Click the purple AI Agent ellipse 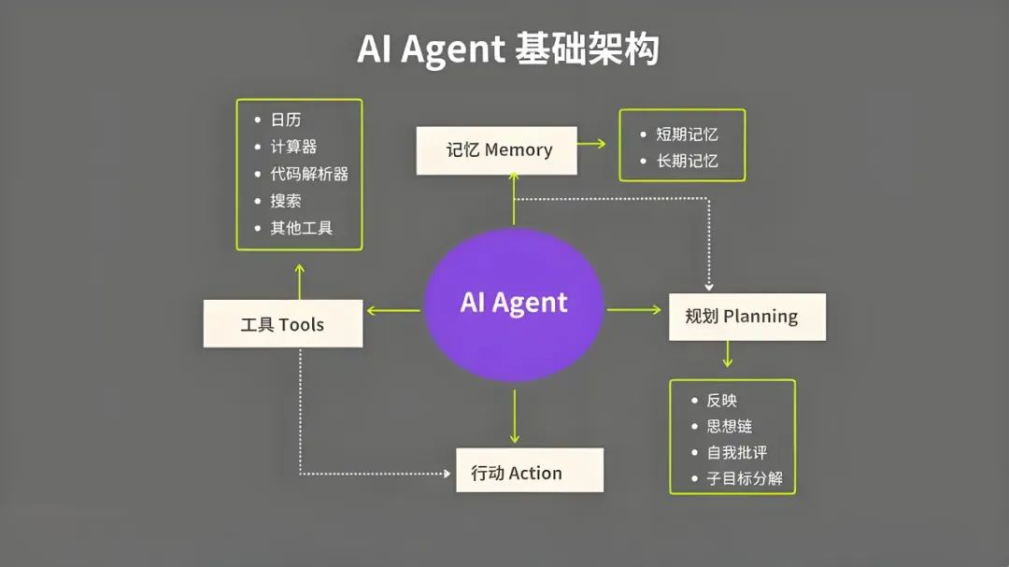(513, 304)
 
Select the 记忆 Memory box (497, 150)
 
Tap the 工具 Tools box (282, 324)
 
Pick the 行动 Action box (529, 472)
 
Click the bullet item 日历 (286, 120)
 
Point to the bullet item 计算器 (293, 147)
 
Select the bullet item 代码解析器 (309, 174)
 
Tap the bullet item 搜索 (286, 201)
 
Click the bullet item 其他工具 (302, 228)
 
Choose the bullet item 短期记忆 (687, 135)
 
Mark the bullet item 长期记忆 (687, 161)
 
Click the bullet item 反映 (721, 400)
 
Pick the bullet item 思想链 (729, 426)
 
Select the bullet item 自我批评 (736, 452)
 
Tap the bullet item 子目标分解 (745, 479)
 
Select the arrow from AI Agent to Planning (634, 309)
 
